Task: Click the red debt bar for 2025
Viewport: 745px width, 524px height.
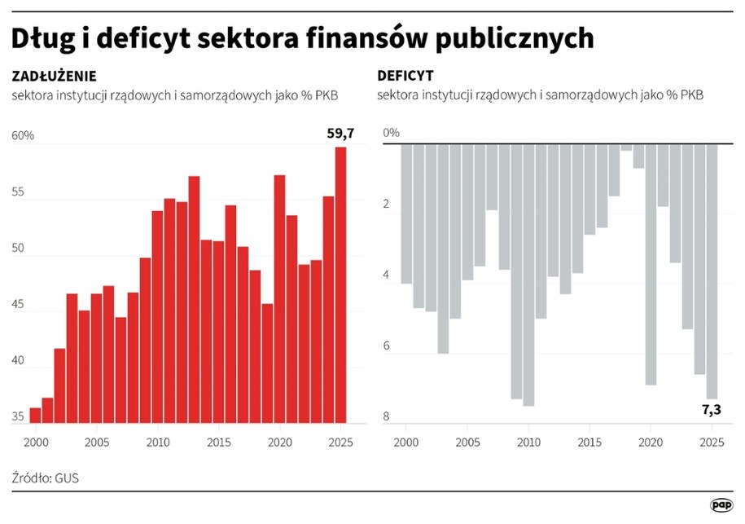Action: point(340,285)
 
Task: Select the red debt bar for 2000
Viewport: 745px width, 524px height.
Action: point(35,416)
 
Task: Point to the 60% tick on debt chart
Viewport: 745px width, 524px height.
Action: point(23,135)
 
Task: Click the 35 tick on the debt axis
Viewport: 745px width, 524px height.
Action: point(17,417)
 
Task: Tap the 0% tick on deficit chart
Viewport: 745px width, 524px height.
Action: point(392,133)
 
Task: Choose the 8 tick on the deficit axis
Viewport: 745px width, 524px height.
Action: point(386,417)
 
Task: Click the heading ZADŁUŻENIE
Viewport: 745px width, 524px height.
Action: point(54,77)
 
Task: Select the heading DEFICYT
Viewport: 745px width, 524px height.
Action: point(404,77)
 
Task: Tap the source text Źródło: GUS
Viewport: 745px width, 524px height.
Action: point(46,478)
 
